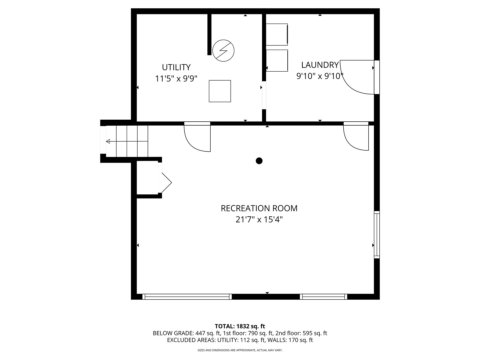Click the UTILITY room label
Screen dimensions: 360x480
176,67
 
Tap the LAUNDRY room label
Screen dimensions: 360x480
320,65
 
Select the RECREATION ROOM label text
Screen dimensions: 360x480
259,208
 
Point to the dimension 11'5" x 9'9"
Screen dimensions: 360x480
176,79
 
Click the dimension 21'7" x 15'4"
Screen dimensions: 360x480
259,220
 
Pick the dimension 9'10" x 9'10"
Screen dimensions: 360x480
320,76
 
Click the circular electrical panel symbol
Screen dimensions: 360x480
223,51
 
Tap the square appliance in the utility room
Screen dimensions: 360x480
220,91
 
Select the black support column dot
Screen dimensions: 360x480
259,161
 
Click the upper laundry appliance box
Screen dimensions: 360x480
277,34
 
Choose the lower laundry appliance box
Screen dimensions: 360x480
277,61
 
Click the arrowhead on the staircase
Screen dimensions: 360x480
108,142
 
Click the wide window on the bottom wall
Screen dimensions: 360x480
187,297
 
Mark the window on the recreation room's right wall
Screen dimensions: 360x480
377,235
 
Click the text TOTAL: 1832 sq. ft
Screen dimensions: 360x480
240,326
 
